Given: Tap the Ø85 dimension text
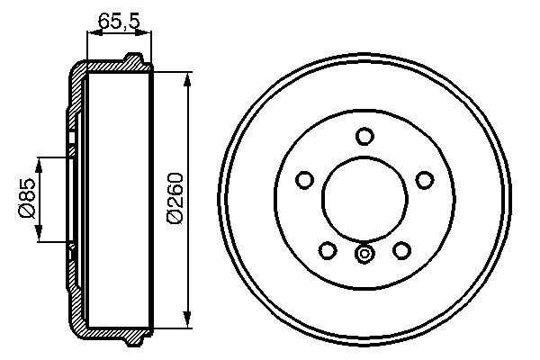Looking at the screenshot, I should (26, 200).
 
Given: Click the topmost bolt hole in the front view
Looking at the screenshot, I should (364, 136).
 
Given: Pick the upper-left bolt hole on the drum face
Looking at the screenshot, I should (305, 180).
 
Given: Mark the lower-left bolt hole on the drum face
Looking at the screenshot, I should (328, 249).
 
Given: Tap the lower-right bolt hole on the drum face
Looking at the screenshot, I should (401, 249).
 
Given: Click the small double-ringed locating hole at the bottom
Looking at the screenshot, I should (364, 255).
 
